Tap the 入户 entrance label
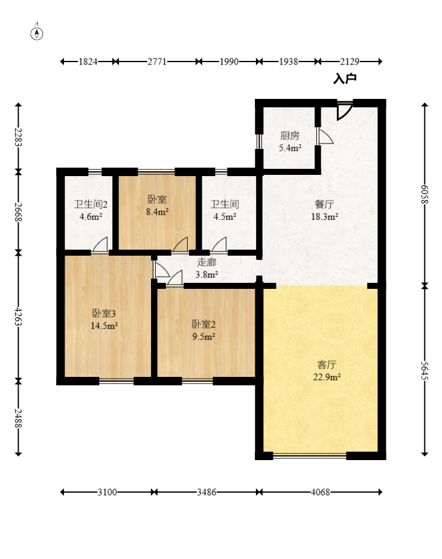tap(345, 79)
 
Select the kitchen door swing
tap(325, 137)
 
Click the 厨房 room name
tap(290, 136)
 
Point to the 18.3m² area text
tap(324, 216)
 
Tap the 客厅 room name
tap(327, 365)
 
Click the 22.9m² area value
tap(327, 377)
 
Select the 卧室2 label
tap(204, 324)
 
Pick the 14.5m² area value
tap(104, 326)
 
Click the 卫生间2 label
tap(91, 204)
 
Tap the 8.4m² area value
tap(157, 212)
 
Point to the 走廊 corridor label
tap(207, 262)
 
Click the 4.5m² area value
tap(225, 216)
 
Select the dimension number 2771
tap(157, 62)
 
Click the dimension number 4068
tap(320, 492)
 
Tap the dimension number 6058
tap(424, 194)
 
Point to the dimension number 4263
tap(18, 316)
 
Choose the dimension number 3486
tap(207, 492)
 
